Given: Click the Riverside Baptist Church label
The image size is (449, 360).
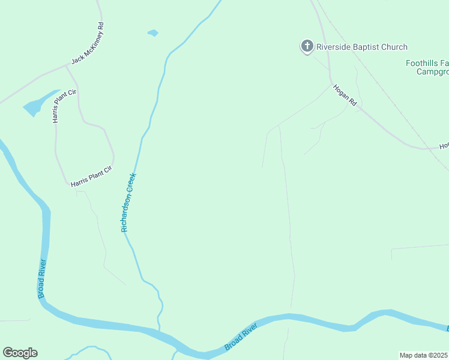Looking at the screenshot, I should click(x=362, y=47).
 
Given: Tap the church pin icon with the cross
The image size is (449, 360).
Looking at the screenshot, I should click(x=307, y=46).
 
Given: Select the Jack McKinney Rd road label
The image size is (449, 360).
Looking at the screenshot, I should click(x=88, y=44).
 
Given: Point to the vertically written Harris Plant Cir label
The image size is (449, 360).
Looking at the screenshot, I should click(x=58, y=106).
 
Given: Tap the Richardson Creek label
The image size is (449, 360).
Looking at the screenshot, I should click(x=128, y=203).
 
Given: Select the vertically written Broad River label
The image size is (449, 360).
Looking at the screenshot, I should click(x=41, y=278).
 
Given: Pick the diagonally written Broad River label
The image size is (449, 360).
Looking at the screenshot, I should click(x=241, y=337).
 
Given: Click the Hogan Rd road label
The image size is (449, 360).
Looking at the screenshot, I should click(x=345, y=95).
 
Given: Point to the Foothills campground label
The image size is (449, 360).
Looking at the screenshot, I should click(x=427, y=67).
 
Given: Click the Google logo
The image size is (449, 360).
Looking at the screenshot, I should click(x=20, y=353).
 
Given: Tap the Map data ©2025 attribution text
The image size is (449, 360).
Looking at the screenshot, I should click(x=424, y=355).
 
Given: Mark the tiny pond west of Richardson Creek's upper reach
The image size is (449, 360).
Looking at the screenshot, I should click(x=153, y=33).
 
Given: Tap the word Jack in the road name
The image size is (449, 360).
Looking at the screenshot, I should click(x=77, y=59).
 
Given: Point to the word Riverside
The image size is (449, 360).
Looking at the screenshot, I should click(x=333, y=47).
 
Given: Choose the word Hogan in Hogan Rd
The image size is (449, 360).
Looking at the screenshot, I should click(x=341, y=92).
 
